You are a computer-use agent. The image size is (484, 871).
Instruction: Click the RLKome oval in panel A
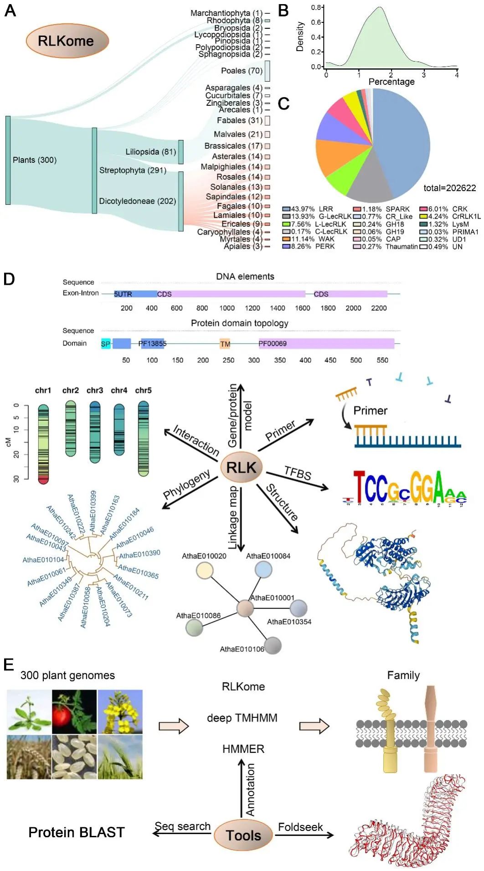click(67, 41)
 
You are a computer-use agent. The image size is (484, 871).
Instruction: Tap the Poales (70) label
click(242, 71)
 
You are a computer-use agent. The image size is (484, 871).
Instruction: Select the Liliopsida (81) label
click(150, 151)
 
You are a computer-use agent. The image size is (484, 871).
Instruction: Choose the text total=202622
click(449, 188)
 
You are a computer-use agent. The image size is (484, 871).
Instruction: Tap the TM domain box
click(225, 344)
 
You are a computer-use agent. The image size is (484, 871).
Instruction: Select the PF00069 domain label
click(273, 344)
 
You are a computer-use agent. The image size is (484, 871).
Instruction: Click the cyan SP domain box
click(106, 344)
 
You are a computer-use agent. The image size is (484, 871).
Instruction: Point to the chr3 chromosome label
click(95, 391)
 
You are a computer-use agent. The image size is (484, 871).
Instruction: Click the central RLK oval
click(242, 468)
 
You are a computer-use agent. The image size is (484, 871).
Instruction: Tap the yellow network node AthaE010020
click(205, 570)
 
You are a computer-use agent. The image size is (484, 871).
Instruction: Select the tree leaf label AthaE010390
click(139, 554)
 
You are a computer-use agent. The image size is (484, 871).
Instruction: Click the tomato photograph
click(74, 711)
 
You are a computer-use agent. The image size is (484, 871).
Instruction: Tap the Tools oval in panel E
click(243, 835)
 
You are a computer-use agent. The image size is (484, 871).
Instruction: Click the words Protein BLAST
click(77, 832)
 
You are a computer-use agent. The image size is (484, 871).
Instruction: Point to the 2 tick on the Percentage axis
click(391, 75)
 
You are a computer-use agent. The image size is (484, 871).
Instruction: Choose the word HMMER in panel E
click(243, 749)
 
